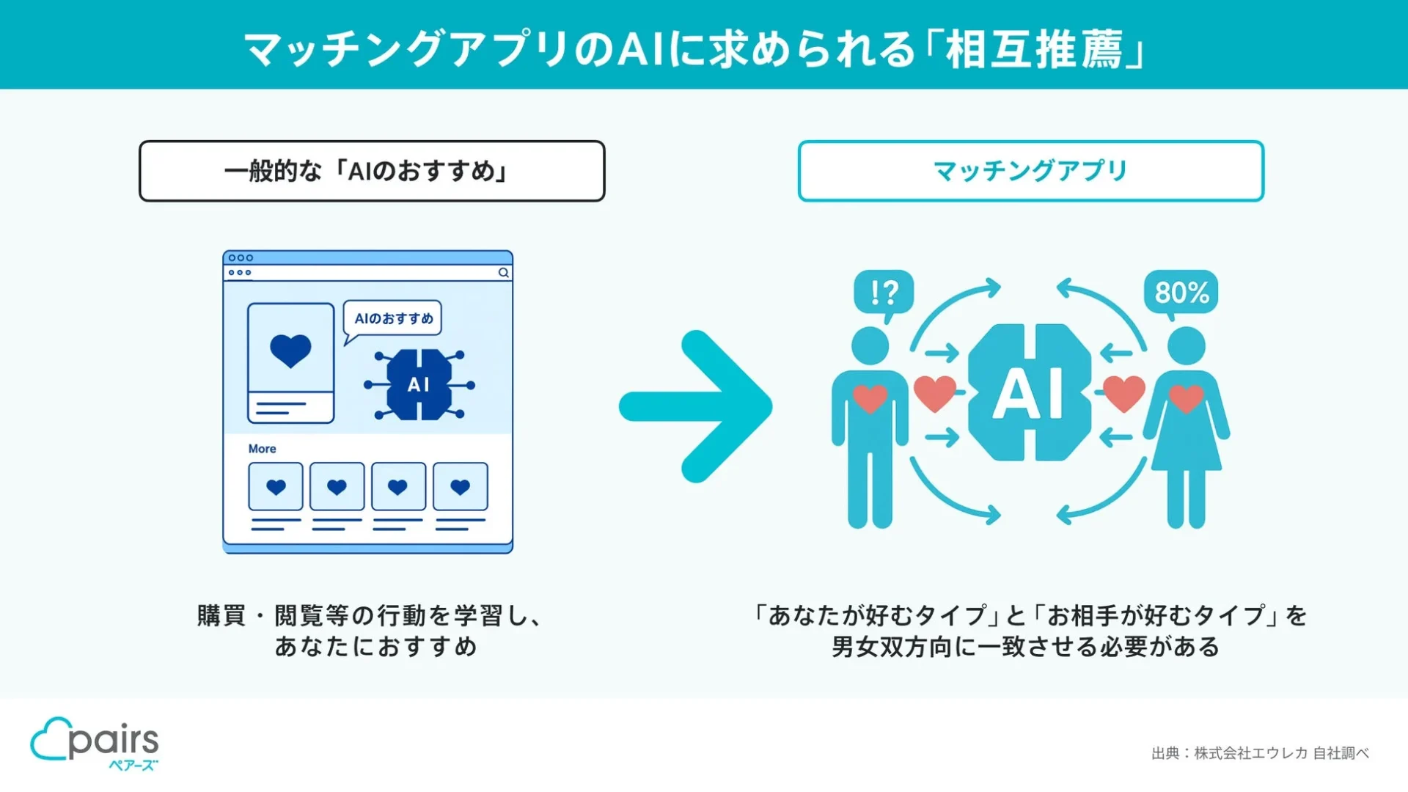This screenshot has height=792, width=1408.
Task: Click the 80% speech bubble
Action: [x=1181, y=293]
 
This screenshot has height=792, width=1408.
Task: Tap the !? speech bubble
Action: [x=884, y=293]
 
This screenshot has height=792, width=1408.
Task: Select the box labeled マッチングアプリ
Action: [x=1030, y=171]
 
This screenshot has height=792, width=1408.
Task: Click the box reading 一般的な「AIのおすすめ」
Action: [x=372, y=171]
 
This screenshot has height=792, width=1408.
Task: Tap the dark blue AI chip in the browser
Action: [x=419, y=384]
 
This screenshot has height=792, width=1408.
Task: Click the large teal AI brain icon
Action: [x=1029, y=393]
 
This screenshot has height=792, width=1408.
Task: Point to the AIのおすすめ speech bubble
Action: [x=393, y=318]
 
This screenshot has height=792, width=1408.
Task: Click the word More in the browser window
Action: [x=262, y=449]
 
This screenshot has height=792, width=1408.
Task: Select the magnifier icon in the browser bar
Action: [x=504, y=273]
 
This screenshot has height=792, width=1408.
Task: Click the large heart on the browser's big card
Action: [x=290, y=350]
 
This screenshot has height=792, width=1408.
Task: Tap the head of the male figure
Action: [x=870, y=345]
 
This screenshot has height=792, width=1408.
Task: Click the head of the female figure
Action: [x=1186, y=345]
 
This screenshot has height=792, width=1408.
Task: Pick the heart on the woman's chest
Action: [x=1186, y=398]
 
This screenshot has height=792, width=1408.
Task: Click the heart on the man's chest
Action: [x=870, y=398]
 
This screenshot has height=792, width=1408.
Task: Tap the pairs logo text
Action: [x=114, y=741]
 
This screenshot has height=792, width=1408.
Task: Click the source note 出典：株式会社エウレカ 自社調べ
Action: [x=1259, y=753]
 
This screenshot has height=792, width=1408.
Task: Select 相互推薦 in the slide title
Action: [x=1034, y=50]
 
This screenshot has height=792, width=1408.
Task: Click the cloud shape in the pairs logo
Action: [x=48, y=739]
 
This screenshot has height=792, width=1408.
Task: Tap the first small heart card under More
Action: [x=276, y=487]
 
